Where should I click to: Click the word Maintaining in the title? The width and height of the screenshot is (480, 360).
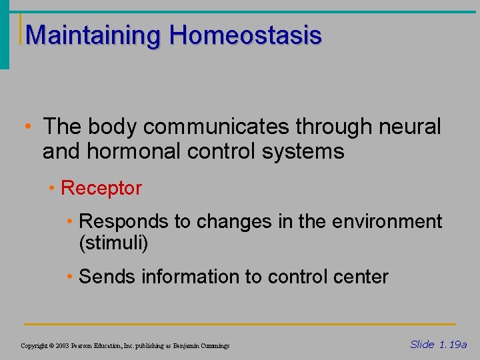click(93, 36)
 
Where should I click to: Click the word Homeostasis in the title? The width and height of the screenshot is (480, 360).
click(245, 35)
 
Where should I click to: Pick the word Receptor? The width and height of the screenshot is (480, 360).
click(101, 189)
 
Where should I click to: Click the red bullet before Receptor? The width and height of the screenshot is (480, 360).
click(53, 189)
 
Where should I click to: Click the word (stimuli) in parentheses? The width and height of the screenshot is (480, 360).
click(113, 243)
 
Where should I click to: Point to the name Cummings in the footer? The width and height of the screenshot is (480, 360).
click(214, 346)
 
